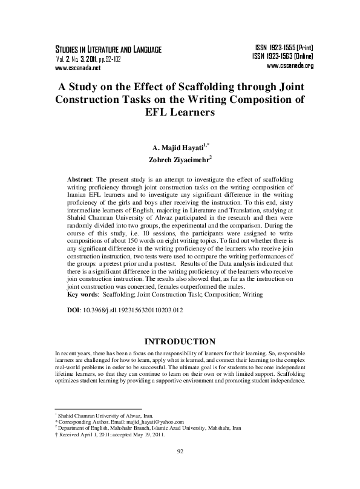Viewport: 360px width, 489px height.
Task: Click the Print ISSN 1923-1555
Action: (283, 47)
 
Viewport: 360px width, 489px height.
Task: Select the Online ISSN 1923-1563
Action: (282, 56)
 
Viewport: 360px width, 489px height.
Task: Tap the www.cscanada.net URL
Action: (69, 68)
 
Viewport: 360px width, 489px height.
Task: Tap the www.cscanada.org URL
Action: (289, 65)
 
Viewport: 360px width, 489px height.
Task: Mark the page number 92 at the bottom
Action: (180, 468)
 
